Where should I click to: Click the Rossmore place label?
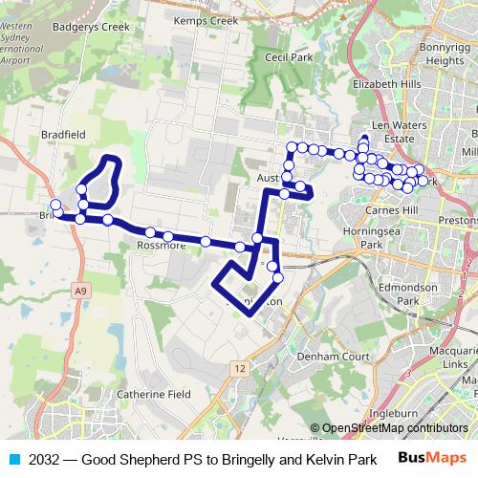click(159, 245)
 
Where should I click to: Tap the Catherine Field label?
click(153, 393)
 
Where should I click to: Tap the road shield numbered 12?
click(239, 367)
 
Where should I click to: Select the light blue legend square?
click(12, 460)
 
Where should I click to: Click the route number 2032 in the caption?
click(45, 460)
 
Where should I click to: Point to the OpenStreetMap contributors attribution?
click(388, 428)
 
